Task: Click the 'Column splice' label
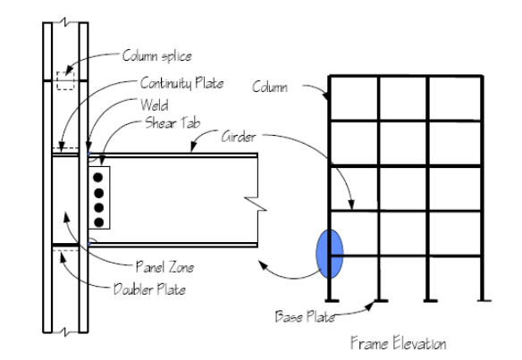[157, 56]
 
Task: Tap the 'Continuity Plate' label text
[181, 83]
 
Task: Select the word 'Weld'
[154, 105]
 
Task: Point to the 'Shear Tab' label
[173, 123]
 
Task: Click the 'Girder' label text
[239, 137]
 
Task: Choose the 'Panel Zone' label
[164, 267]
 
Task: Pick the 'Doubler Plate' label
[149, 289]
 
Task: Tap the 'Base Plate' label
[305, 316]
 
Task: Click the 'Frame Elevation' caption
[399, 343]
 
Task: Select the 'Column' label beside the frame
[270, 88]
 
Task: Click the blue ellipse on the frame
[330, 254]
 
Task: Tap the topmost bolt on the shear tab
[98, 178]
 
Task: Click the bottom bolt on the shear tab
[98, 222]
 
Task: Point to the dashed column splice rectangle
[65, 81]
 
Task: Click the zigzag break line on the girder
[257, 204]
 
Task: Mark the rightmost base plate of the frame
[484, 301]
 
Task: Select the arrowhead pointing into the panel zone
[66, 218]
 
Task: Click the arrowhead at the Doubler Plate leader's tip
[63, 257]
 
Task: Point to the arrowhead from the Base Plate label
[369, 306]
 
